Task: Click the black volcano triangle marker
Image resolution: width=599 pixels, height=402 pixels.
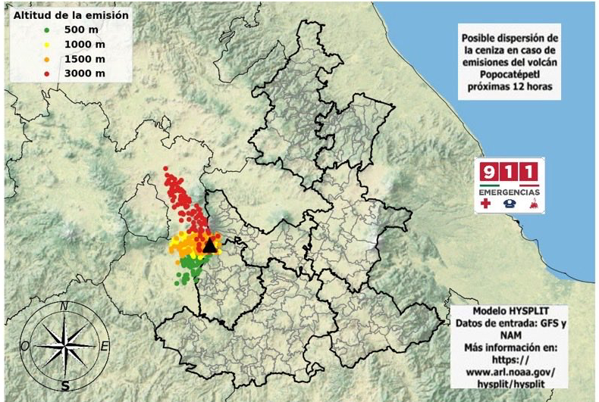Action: point(210,245)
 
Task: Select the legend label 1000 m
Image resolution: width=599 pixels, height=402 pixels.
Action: point(81,45)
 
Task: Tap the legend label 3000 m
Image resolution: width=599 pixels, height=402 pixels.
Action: point(81,73)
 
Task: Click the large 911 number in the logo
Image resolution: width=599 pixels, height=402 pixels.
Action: point(510,172)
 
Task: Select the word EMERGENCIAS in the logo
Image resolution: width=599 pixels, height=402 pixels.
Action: point(510,192)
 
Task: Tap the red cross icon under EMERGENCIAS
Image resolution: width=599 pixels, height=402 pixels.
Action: point(486,204)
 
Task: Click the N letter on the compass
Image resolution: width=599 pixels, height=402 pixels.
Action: point(64,306)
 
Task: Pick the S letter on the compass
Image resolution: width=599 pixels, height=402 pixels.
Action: point(65,385)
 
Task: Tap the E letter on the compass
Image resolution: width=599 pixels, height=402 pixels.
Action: point(105,347)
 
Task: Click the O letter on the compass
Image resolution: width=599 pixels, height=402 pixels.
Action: point(25,346)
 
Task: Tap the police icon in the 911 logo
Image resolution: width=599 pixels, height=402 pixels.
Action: point(510,204)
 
